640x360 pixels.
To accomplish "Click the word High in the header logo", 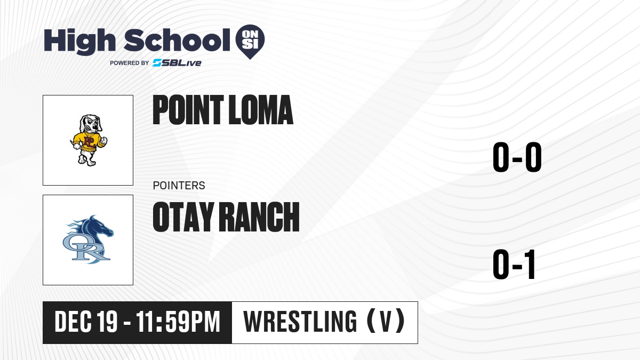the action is pyautogui.click(x=79, y=42).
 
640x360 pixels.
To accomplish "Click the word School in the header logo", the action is pyautogui.click(x=177, y=40).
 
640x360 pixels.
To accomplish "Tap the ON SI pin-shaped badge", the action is pyautogui.click(x=250, y=42).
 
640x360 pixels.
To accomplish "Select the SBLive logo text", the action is pyautogui.click(x=177, y=63).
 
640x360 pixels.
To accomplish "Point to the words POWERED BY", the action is pyautogui.click(x=130, y=63).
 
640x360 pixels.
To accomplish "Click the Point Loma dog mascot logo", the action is pyautogui.click(x=89, y=140).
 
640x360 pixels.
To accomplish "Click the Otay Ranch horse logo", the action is pyautogui.click(x=88, y=239).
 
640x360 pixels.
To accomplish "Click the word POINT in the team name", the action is pyautogui.click(x=188, y=110).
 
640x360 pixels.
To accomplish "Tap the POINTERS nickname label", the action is pyautogui.click(x=179, y=186).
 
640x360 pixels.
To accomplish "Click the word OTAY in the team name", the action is pyautogui.click(x=183, y=217).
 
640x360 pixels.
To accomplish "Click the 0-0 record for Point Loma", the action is pyautogui.click(x=517, y=157).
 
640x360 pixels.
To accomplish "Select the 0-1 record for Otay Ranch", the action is pyautogui.click(x=514, y=265).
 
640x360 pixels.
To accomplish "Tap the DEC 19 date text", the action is pyautogui.click(x=86, y=322).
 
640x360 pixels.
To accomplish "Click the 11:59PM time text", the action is pyautogui.click(x=178, y=322).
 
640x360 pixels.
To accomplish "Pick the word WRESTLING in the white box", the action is pyautogui.click(x=300, y=322).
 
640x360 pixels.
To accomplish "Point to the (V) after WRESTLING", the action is pyautogui.click(x=386, y=322).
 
